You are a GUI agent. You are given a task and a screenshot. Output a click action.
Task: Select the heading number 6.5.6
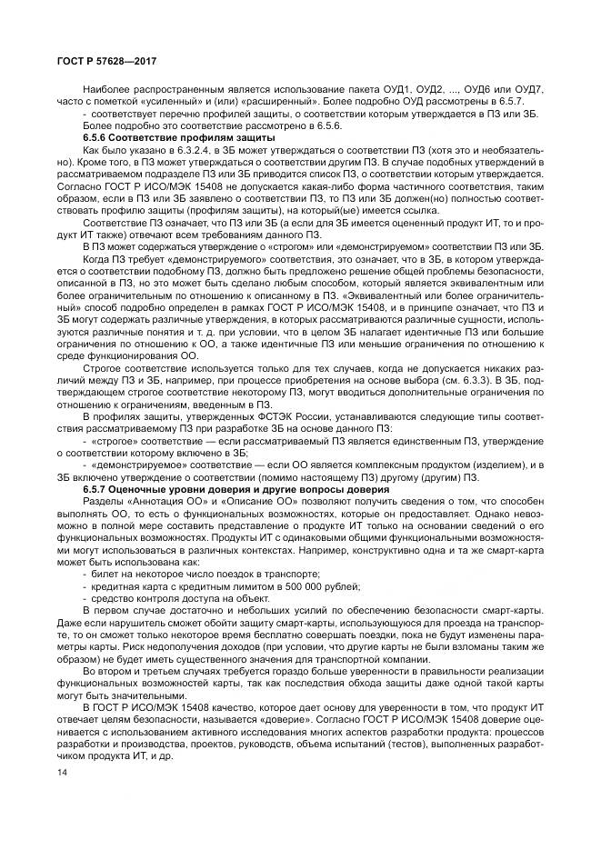[x=99, y=135]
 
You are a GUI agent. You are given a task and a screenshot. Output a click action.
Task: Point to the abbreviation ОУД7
[x=526, y=88]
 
